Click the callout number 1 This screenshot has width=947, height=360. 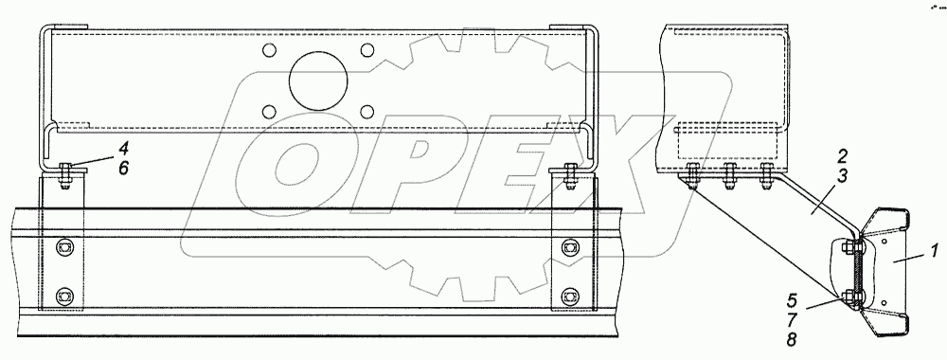pos(935,250)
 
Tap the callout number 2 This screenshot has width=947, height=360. pos(842,157)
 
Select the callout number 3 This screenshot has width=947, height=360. pos(842,176)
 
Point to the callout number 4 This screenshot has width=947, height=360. pos(123,149)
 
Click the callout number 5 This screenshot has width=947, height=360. pos(792,300)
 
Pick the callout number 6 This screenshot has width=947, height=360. pos(123,168)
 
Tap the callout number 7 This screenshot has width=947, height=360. pos(792,319)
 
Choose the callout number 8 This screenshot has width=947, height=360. pos(792,339)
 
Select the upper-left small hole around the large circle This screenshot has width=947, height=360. pos(270,49)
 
